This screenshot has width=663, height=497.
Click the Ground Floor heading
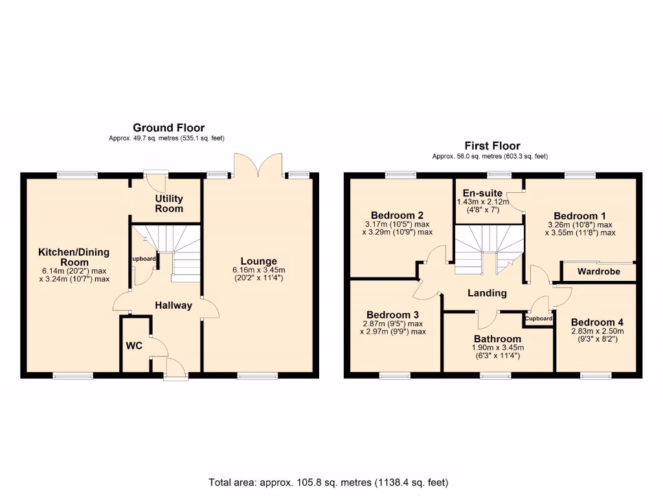click(x=168, y=128)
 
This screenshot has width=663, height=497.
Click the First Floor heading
click(x=492, y=146)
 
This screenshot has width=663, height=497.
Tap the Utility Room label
click(x=168, y=203)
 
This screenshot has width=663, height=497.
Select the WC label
click(x=133, y=346)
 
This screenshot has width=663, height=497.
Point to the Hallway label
click(x=173, y=305)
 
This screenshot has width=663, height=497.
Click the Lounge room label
click(x=259, y=261)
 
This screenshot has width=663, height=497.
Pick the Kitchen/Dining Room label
click(x=74, y=257)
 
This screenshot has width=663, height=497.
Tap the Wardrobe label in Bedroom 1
click(x=598, y=271)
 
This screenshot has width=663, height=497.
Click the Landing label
click(x=487, y=293)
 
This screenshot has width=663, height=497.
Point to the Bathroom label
click(x=497, y=338)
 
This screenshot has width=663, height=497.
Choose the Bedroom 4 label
click(x=596, y=322)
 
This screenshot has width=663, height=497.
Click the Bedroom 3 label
click(x=392, y=314)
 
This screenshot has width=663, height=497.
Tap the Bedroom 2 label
click(x=397, y=215)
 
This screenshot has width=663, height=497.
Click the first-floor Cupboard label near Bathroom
click(x=539, y=318)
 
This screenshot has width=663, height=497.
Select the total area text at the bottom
click(x=328, y=482)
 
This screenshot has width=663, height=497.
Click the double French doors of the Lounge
click(x=258, y=165)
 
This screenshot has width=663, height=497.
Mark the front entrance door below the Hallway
click(x=175, y=370)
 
